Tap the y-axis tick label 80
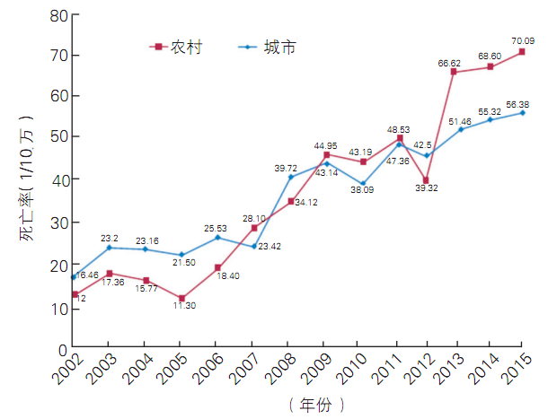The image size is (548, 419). (x=57, y=15)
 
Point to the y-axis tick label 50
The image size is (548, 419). (x=57, y=137)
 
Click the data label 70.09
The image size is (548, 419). (x=522, y=40)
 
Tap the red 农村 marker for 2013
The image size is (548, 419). (x=454, y=72)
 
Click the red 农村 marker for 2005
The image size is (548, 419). (x=181, y=298)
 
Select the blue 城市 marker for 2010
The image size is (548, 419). (x=363, y=184)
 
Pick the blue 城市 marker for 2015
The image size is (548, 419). (x=522, y=113)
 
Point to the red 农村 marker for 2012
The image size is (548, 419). (x=426, y=180)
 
